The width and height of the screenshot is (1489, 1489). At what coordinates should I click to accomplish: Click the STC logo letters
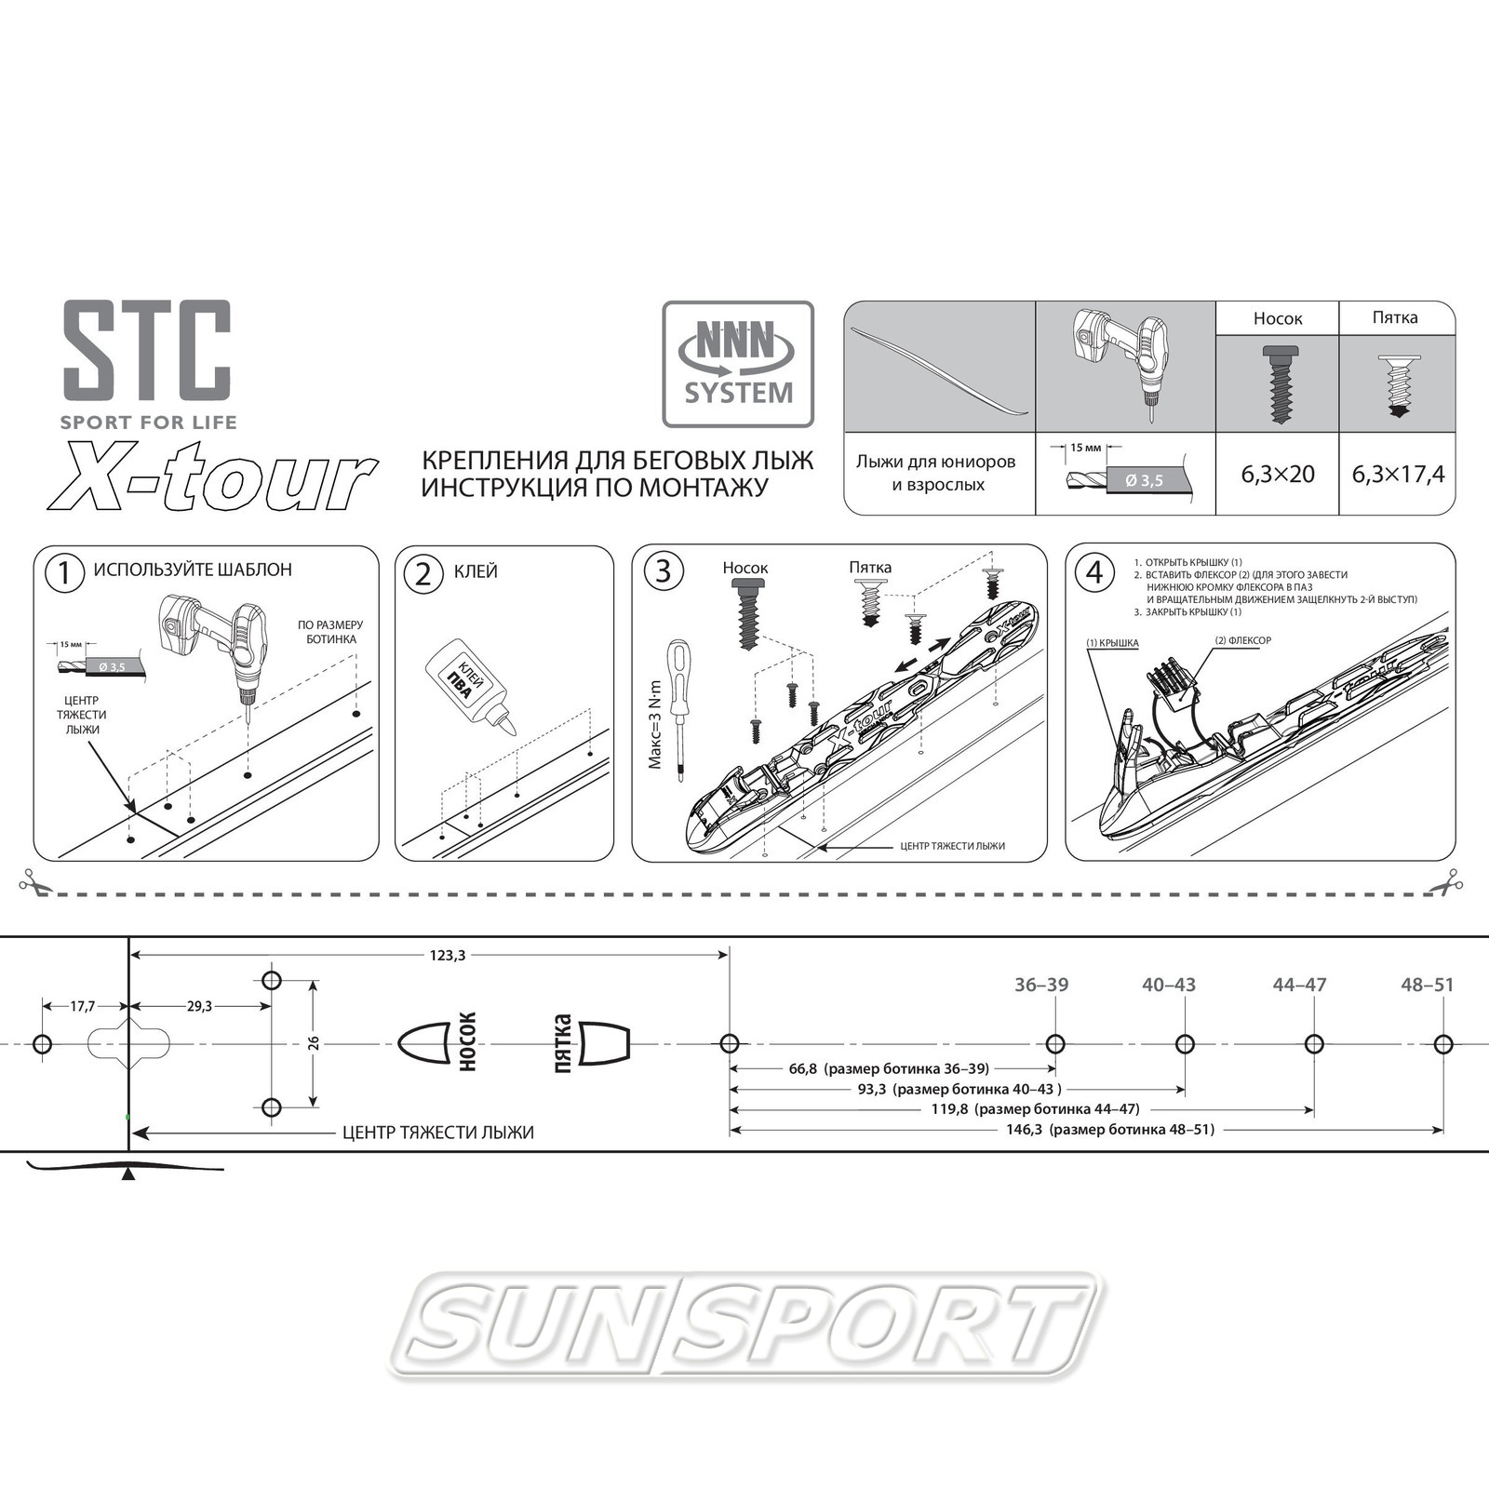(x=147, y=350)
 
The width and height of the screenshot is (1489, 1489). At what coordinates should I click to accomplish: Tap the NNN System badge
(x=738, y=364)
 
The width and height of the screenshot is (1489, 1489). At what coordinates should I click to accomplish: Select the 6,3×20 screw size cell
(x=1278, y=474)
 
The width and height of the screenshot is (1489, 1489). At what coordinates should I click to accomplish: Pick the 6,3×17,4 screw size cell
(x=1398, y=474)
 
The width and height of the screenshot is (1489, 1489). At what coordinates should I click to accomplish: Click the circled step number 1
(x=64, y=572)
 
